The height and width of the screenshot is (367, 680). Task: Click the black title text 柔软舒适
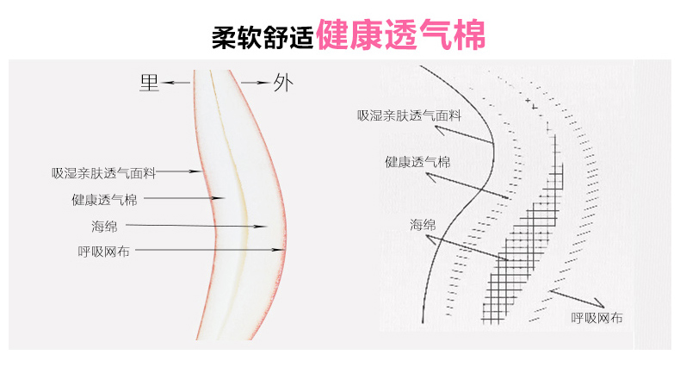coord(262,36)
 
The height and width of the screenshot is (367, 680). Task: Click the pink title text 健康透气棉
coord(400,34)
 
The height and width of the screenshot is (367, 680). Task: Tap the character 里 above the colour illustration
coord(150,84)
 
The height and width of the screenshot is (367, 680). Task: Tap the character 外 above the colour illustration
coord(282,84)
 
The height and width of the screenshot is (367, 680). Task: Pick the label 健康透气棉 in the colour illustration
coord(104,199)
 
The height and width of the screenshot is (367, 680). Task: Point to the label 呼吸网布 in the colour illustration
coord(104,251)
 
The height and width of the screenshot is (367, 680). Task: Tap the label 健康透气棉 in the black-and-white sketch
coord(417,161)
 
